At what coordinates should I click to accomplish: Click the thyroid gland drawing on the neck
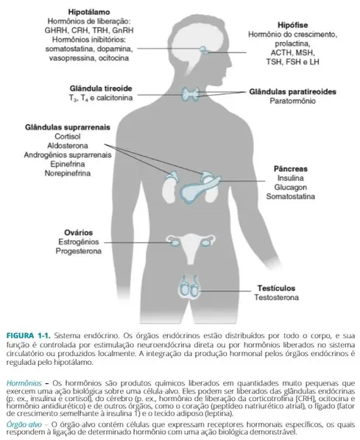pyautogui.click(x=195, y=94)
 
